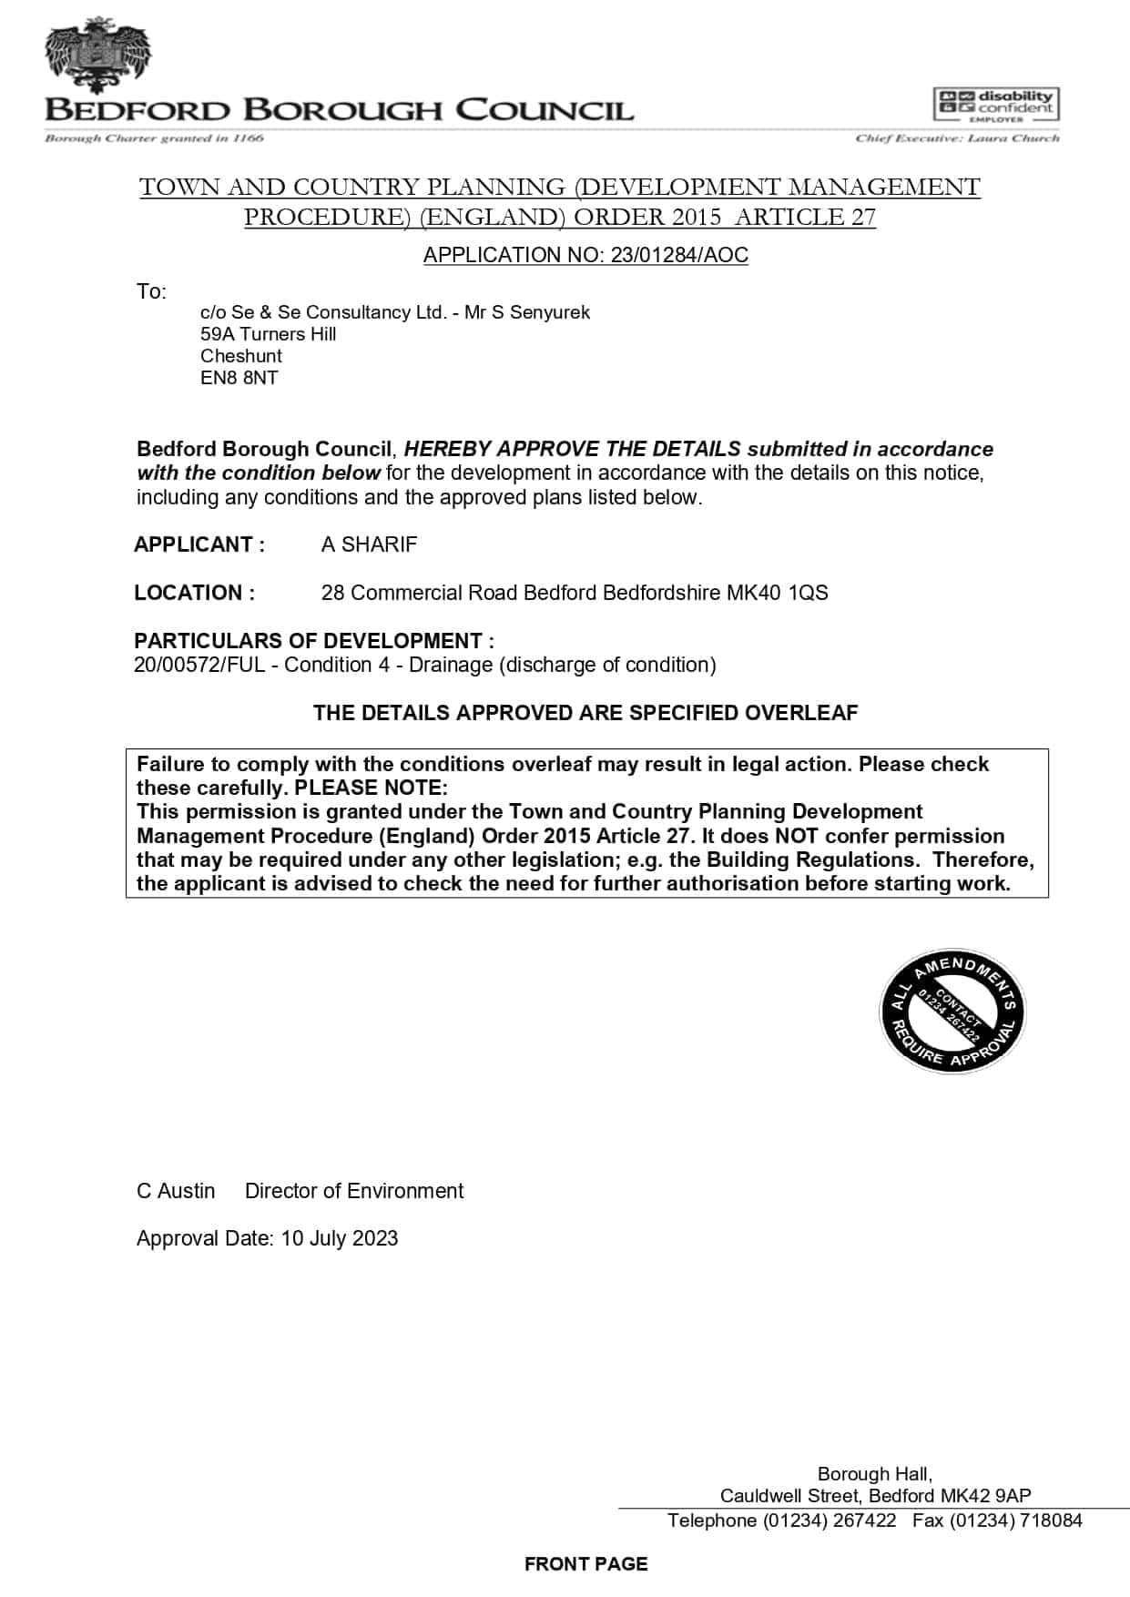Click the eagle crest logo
[97, 55]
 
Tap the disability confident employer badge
[996, 106]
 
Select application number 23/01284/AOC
[679, 255]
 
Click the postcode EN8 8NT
[239, 378]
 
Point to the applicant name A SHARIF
[369, 544]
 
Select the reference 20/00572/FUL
[199, 665]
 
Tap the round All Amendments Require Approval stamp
[952, 1010]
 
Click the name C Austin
[176, 1191]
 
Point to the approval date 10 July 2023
[340, 1238]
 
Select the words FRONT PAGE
[585, 1563]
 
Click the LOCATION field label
[194, 593]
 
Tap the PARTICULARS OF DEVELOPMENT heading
[314, 640]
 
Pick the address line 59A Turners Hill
[268, 334]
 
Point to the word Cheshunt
[241, 356]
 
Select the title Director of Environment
[354, 1191]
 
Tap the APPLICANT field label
[199, 544]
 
